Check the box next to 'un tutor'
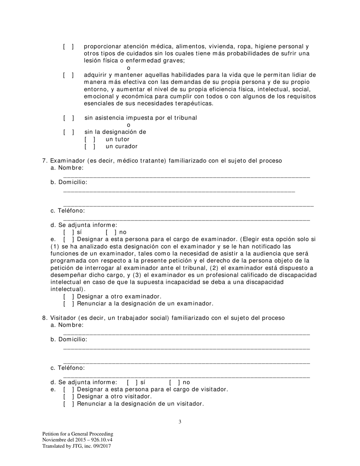click(x=90, y=139)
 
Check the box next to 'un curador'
click(x=90, y=146)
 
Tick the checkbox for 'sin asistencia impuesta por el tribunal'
click(x=69, y=118)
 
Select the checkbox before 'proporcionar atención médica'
click(x=68, y=46)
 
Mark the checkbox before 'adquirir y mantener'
click(x=68, y=75)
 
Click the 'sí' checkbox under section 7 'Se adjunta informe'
click(x=69, y=232)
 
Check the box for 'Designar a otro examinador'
click(x=69, y=296)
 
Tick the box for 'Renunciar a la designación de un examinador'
click(x=69, y=303)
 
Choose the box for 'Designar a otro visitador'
click(x=69, y=396)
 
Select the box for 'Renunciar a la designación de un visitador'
click(x=69, y=403)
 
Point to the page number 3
click(x=180, y=422)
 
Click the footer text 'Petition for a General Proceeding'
click(x=78, y=434)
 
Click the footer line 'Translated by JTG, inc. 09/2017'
click(x=77, y=446)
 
